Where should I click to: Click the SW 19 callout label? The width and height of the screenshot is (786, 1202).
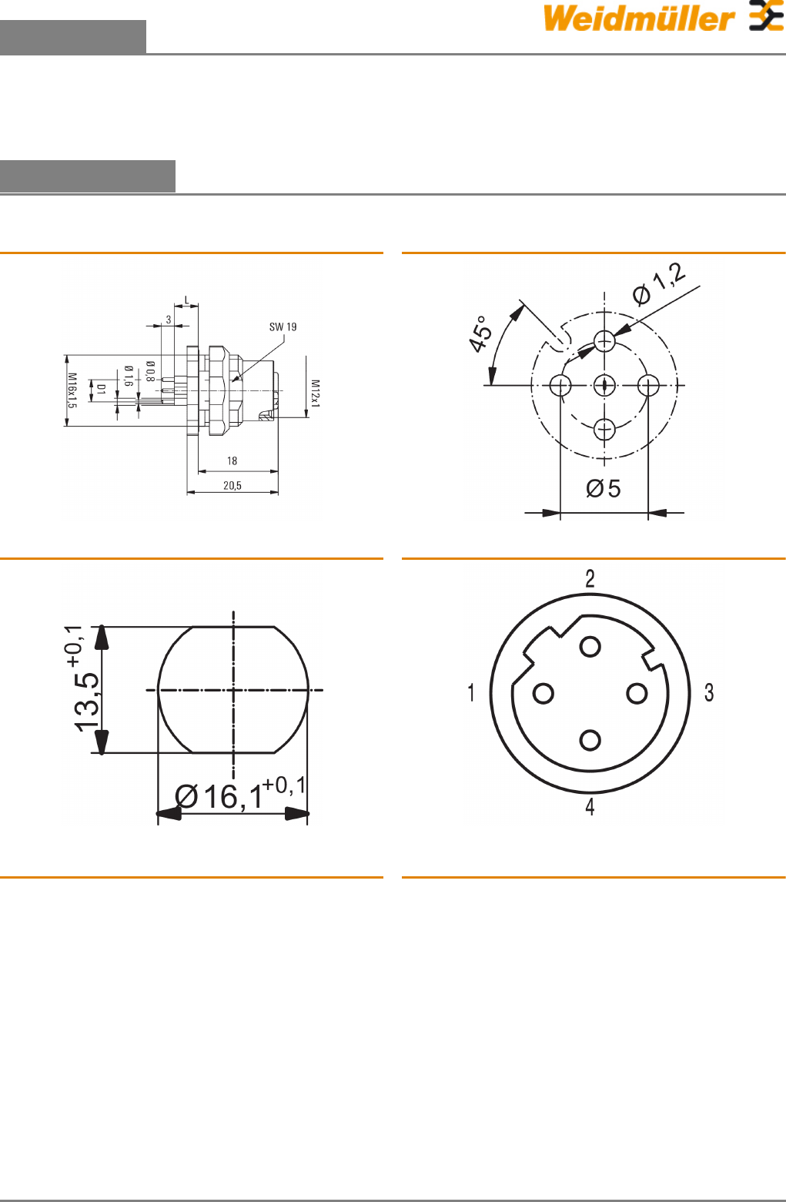283,326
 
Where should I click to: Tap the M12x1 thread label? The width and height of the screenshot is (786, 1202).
315,393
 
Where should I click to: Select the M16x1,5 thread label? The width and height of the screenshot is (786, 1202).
72,390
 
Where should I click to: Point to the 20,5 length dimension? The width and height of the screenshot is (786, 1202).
232,486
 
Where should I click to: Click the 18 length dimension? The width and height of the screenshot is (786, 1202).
232,461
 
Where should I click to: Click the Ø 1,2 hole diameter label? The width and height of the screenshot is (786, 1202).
659,284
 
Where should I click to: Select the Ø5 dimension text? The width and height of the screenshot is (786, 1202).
603,488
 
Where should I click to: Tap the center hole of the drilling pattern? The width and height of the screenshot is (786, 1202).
604,385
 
